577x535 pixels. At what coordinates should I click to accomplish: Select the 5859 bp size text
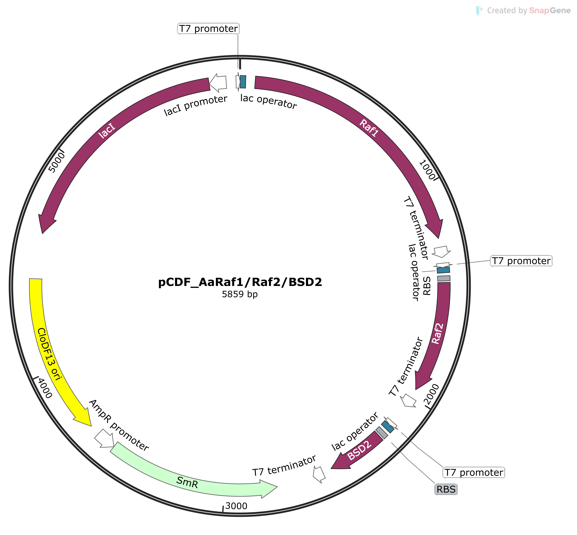[x=240, y=294]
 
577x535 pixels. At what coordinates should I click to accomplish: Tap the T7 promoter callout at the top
[x=208, y=29]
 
